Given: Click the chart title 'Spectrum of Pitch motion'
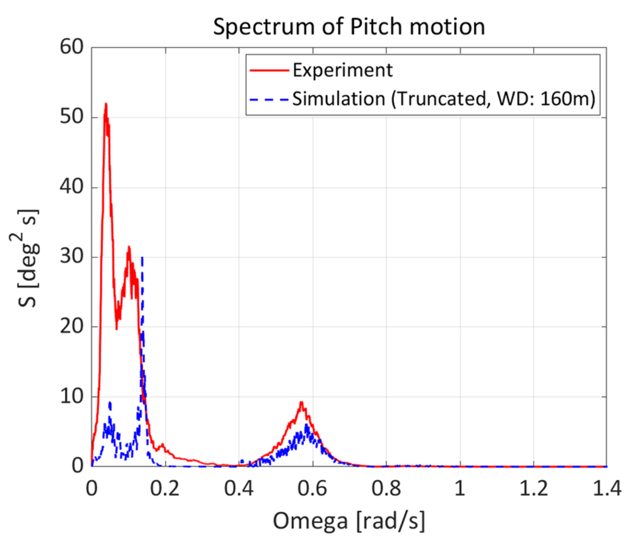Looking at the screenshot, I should [349, 27].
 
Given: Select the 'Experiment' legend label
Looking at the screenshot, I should [342, 70].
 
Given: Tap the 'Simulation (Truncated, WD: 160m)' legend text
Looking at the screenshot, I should [444, 99].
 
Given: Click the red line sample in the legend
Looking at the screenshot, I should [269, 70].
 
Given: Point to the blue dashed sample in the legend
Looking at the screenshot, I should [269, 99].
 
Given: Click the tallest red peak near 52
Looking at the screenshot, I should [106, 104].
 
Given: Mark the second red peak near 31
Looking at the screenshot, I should [129, 247].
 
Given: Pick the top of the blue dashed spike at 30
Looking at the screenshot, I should [142, 258].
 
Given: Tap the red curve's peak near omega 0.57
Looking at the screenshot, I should [301, 402].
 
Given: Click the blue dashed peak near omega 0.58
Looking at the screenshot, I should [306, 425].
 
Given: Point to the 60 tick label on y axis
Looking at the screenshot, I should [71, 47].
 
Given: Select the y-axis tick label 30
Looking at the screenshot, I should [71, 256].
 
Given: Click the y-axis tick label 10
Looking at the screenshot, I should [71, 396].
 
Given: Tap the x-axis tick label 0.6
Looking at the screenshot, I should [312, 488].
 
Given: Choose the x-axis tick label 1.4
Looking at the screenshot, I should [607, 488].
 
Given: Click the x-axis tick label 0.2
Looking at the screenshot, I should [164, 488].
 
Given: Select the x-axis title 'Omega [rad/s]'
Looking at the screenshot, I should [349, 520].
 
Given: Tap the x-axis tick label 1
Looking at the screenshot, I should [460, 488].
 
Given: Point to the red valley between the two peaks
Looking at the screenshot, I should [117, 328].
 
